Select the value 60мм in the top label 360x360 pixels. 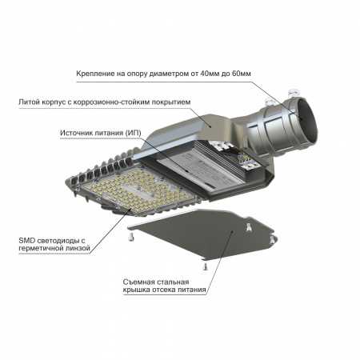pos(307,74)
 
